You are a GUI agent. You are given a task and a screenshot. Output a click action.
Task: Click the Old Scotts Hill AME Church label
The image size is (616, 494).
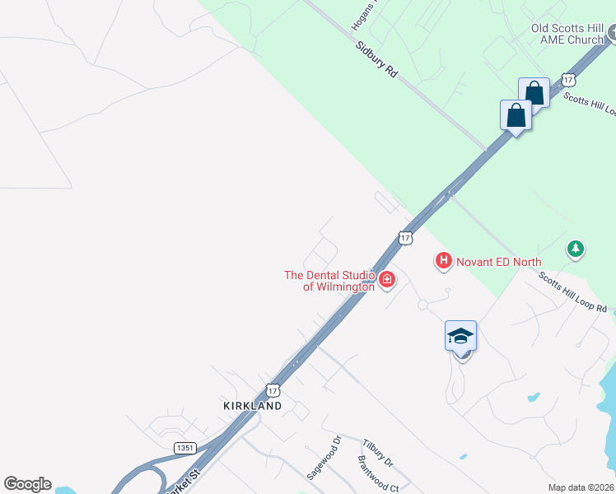pos(567,34)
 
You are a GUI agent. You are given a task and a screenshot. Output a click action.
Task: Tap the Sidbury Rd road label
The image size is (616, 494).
pos(377,58)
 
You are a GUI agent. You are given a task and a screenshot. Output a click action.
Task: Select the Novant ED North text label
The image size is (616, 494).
pos(500,262)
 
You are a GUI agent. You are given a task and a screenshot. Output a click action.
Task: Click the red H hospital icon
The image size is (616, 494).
pos(443,261)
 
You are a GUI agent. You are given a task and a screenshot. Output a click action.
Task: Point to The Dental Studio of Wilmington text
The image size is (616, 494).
pos(329,281)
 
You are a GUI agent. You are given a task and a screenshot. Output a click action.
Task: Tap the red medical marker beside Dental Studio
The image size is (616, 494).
pos(386,281)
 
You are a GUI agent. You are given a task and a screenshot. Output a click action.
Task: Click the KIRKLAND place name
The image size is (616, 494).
pos(252,406)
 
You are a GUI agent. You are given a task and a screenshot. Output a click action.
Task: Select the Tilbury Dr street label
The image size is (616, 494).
pos(377,452)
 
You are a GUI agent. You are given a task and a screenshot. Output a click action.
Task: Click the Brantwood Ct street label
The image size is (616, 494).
pos(378,475)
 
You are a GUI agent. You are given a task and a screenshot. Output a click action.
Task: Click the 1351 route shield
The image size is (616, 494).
pos(185,447)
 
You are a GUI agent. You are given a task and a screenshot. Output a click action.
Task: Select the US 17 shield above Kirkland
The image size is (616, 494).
pos(273,389)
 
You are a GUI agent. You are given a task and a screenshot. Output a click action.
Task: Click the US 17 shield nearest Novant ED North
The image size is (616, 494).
pos(404,237)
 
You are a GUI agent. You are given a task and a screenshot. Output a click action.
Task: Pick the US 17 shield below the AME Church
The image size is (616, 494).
pos(568,80)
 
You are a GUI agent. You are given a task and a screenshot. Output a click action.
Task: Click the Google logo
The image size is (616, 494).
pos(27,484)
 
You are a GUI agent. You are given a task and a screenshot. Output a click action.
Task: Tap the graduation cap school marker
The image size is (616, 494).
pos(461,336)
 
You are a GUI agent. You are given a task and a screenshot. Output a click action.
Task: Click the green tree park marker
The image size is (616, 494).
pos(576,248)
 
